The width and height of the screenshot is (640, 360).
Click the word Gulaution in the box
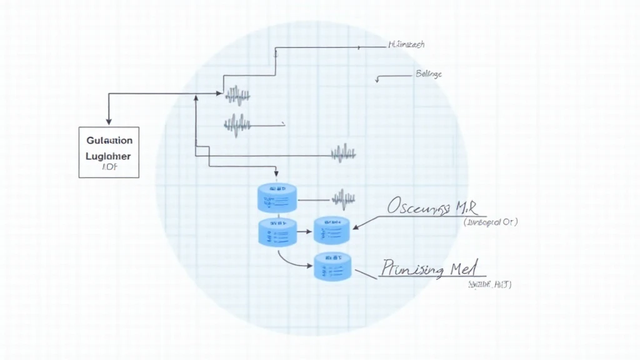pos(109,141)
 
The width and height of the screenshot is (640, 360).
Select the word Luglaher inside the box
pos(109,156)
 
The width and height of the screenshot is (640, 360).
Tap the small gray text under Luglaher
pos(109,167)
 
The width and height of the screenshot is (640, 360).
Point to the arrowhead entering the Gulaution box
pos(109,121)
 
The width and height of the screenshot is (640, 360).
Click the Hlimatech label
pos(406,45)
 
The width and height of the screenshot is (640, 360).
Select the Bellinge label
pos(428,74)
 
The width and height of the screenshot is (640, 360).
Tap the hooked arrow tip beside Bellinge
pos(377,80)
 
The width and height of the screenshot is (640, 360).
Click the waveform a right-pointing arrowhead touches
pos(237,96)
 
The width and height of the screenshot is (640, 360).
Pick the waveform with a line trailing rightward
pos(237,124)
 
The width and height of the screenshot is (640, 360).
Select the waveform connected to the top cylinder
pos(344,199)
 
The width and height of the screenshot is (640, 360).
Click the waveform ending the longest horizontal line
pos(343,152)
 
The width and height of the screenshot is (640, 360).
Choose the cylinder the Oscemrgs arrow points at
pos(332,230)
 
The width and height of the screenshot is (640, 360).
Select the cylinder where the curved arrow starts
pos(276,232)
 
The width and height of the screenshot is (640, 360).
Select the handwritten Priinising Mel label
pos(431,269)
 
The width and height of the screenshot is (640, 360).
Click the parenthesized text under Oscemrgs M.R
pos(490,222)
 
